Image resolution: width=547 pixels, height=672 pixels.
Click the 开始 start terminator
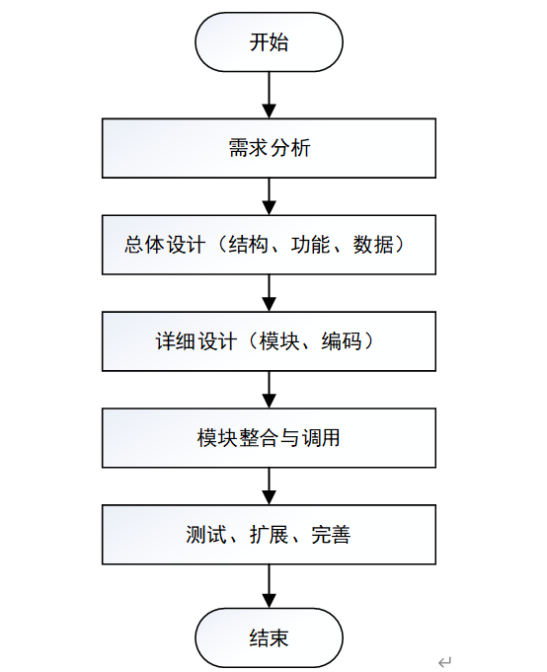(269, 42)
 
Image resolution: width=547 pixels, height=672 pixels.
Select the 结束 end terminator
(269, 637)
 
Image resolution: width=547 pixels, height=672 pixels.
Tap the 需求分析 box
(269, 148)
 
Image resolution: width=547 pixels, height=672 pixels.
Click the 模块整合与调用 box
(269, 437)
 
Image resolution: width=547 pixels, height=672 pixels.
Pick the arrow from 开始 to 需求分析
(269, 95)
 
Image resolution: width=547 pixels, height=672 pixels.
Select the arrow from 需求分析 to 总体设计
(269, 196)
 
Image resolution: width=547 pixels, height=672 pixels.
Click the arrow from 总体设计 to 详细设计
(269, 293)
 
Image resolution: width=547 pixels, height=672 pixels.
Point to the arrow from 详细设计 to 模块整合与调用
(269, 389)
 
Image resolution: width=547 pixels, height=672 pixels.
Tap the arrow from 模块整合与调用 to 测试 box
(269, 486)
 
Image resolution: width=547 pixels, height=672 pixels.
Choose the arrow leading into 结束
(269, 586)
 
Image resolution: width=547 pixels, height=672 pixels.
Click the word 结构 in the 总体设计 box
(248, 245)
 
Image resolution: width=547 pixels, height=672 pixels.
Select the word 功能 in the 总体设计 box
(310, 245)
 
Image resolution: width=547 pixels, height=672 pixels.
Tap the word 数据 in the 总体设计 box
(372, 245)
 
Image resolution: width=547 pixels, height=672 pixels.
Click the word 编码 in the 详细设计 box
(342, 341)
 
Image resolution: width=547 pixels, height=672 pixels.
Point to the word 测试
(205, 535)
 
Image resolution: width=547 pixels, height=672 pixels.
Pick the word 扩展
(269, 535)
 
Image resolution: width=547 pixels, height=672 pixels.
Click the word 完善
(331, 535)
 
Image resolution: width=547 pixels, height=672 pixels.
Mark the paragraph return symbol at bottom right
(445, 661)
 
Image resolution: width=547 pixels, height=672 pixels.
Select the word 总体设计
(165, 245)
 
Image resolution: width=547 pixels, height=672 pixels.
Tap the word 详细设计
(195, 341)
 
